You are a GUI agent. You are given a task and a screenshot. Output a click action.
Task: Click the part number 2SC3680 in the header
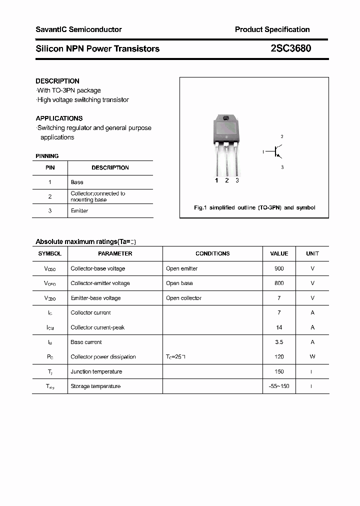coord(287,48)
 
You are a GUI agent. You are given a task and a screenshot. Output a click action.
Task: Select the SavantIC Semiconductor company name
coord(78,29)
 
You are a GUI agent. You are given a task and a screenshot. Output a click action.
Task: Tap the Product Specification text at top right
coord(272,29)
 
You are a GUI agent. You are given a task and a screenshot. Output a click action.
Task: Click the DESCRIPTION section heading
coord(57,81)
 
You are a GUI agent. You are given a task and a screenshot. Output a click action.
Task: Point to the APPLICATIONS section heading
coord(59,118)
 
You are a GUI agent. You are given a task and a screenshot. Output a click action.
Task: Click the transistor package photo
coord(226,145)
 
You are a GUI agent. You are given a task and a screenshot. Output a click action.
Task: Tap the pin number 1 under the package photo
coord(216,180)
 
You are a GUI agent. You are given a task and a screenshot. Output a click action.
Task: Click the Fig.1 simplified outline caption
coord(254,207)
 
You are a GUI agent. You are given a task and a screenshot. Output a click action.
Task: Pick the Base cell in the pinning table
coord(77,182)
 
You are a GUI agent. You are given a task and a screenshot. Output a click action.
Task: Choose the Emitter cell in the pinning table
coord(79,211)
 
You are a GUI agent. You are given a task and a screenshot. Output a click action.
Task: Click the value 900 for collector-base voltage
coord(279,268)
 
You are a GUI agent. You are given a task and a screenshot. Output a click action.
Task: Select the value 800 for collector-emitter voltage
coord(279,283)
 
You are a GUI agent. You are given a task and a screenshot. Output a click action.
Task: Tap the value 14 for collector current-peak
coord(279,327)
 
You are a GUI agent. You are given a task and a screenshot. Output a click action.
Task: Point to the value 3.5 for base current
coord(279,342)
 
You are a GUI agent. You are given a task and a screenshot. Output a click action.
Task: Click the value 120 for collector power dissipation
coord(279,357)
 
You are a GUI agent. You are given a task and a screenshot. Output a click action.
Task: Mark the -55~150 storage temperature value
coord(279,386)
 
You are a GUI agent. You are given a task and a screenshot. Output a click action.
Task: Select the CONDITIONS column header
coord(212,253)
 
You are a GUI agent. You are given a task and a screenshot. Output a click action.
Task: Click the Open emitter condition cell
coord(181,268)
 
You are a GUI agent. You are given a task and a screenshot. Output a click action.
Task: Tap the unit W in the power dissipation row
coord(312,357)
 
